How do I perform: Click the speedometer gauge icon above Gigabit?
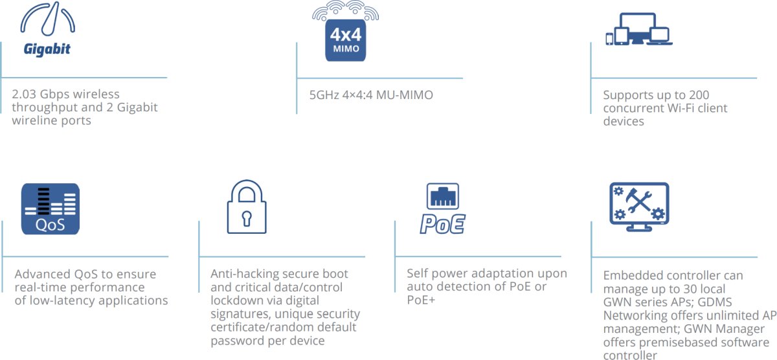click(x=48, y=19)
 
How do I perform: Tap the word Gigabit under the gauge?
click(x=47, y=50)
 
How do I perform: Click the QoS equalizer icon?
click(x=51, y=208)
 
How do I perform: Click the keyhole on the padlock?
click(x=246, y=218)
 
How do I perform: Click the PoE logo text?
click(x=442, y=223)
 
